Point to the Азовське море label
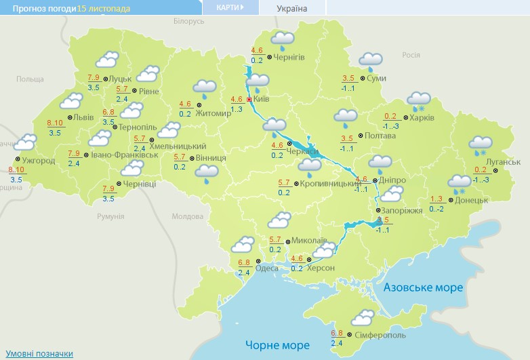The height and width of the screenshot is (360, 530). click(x=424, y=287)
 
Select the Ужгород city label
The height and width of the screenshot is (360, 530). click(x=39, y=161)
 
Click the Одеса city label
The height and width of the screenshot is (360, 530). click(x=266, y=268)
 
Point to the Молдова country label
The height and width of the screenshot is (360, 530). click(x=188, y=216)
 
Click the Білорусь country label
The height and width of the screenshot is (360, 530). click(x=188, y=22)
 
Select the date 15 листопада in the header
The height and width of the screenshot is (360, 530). click(x=104, y=8)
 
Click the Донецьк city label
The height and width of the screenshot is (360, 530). click(x=472, y=200)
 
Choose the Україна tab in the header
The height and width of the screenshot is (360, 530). click(x=292, y=9)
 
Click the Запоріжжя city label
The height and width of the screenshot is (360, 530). click(x=403, y=210)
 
